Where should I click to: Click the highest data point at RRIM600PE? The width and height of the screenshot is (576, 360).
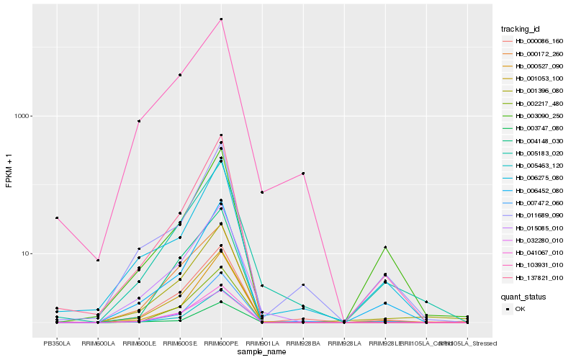(x=221, y=19)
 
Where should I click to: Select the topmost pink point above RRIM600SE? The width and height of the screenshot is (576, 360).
(x=180, y=75)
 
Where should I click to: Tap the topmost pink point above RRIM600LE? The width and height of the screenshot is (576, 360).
(x=139, y=121)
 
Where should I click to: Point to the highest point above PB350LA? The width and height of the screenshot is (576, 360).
(x=57, y=217)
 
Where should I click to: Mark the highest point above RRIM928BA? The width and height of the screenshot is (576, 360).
(x=304, y=174)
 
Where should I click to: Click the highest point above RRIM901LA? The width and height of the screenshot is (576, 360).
(x=262, y=192)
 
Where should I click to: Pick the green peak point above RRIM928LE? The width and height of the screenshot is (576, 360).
(x=386, y=247)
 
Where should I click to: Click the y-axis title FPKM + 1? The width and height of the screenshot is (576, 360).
(x=9, y=171)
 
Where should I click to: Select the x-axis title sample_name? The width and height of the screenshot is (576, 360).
(x=262, y=352)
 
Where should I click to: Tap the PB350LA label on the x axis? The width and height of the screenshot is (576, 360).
(x=57, y=343)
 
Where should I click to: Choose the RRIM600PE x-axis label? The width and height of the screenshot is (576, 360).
(x=221, y=343)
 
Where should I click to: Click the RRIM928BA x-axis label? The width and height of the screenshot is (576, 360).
(x=304, y=343)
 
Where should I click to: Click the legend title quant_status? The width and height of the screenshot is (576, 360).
(x=524, y=296)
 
